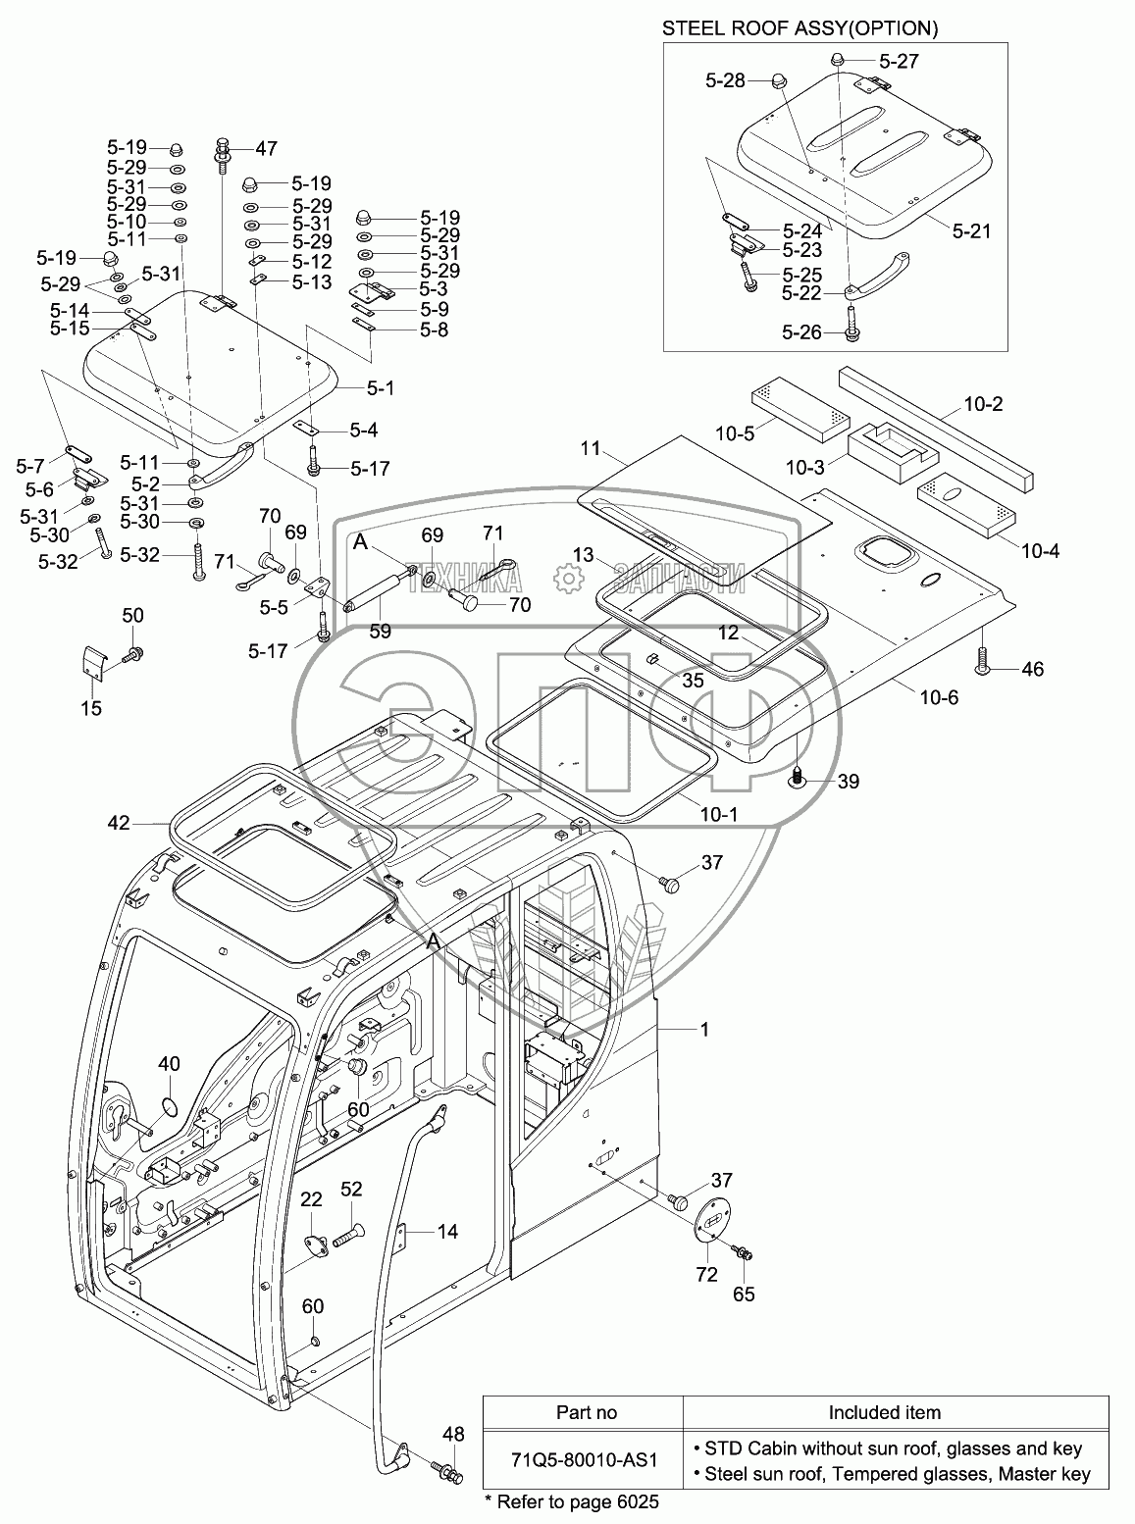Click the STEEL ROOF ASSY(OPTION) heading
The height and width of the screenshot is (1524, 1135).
point(800,28)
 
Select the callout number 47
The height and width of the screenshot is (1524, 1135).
point(266,148)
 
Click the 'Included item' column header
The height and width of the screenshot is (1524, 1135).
point(884,1412)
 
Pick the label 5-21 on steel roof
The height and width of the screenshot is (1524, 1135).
point(970,231)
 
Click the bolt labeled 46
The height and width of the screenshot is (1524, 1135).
point(984,665)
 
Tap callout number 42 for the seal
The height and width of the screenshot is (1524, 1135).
point(119,824)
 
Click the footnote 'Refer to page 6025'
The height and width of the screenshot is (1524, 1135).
point(572,1502)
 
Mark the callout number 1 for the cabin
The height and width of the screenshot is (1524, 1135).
point(703,1029)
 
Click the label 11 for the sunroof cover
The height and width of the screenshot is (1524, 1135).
point(616,449)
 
